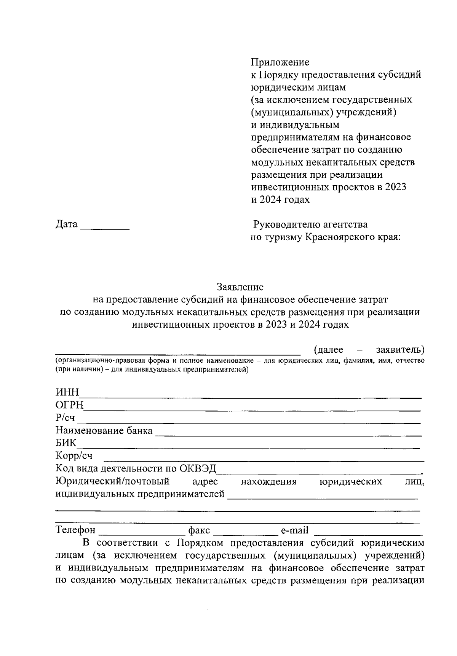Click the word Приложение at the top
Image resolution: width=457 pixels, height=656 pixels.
(280, 62)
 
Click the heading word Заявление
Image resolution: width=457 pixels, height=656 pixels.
(240, 286)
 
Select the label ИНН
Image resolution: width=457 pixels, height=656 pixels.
(67, 393)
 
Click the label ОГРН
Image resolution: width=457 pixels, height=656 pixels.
(69, 406)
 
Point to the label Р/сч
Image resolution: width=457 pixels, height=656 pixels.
(65, 418)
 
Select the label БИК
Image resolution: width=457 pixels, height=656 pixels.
(66, 443)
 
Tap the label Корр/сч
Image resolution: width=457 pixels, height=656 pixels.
(74, 456)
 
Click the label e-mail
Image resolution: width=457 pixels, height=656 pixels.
(294, 530)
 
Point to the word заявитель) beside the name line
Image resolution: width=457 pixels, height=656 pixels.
(400, 350)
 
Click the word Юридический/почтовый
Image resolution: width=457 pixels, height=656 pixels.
(112, 481)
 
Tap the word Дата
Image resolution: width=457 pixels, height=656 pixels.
(66, 225)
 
